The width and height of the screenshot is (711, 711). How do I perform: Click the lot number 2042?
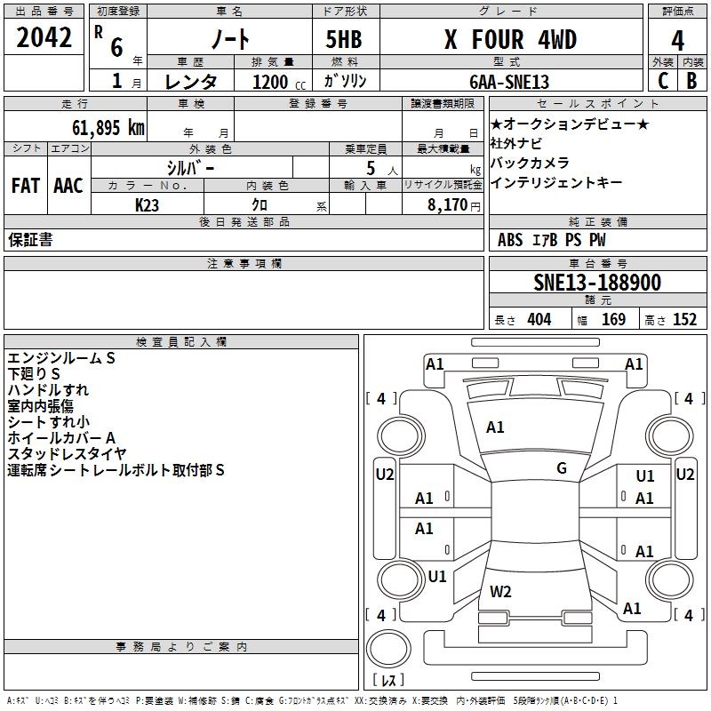(x=44, y=38)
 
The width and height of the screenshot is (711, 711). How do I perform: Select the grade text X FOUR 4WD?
(x=510, y=40)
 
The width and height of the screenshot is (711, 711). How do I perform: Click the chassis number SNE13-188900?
(x=597, y=283)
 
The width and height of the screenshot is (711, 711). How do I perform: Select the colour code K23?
(x=148, y=204)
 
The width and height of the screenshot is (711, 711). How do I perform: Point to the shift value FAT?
(x=25, y=185)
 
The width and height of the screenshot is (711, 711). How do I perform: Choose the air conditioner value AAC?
(x=68, y=185)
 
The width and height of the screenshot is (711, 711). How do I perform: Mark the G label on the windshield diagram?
(x=562, y=468)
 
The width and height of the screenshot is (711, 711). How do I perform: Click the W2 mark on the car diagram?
(x=500, y=591)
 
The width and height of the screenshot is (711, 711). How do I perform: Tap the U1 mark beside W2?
(x=437, y=576)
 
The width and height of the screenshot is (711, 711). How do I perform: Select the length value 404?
(x=539, y=320)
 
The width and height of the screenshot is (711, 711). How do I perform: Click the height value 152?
(x=684, y=320)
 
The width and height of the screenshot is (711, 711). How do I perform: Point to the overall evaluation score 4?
(x=677, y=40)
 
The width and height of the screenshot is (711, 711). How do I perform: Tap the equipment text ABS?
(x=510, y=240)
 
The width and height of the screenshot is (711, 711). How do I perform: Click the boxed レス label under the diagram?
(x=387, y=680)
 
